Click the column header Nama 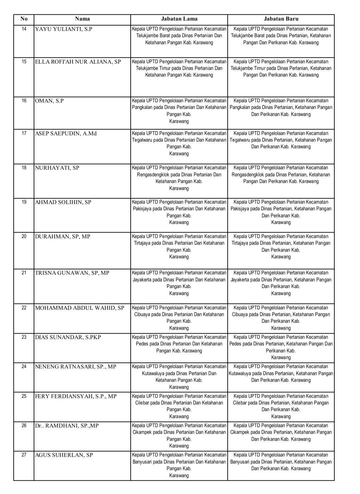pyautogui.click(x=82, y=19)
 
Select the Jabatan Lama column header pyautogui.click(x=179, y=19)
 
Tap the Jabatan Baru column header pyautogui.click(x=281, y=19)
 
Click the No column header pyautogui.click(x=24, y=19)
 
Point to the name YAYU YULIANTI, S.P pyautogui.click(x=64, y=29)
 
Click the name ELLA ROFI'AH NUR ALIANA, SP pyautogui.click(x=78, y=62)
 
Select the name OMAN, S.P pyautogui.click(x=49, y=101)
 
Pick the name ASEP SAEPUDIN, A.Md pyautogui.click(x=66, y=133)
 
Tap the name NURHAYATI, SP pyautogui.click(x=57, y=168)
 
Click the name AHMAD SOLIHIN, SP pyautogui.click(x=63, y=202)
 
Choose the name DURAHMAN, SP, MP pyautogui.click(x=63, y=236)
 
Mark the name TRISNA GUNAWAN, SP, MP pyautogui.click(x=72, y=273)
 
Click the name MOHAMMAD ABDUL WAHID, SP pyautogui.click(x=80, y=308)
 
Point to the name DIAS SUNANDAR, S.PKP pyautogui.click(x=68, y=337)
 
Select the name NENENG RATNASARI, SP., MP pyautogui.click(x=76, y=367)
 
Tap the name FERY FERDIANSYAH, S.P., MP pyautogui.click(x=76, y=396)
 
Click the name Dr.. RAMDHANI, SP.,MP pyautogui.click(x=67, y=426)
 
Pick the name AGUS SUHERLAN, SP pyautogui.click(x=64, y=455)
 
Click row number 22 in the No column pyautogui.click(x=24, y=308)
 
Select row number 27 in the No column pyautogui.click(x=24, y=455)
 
